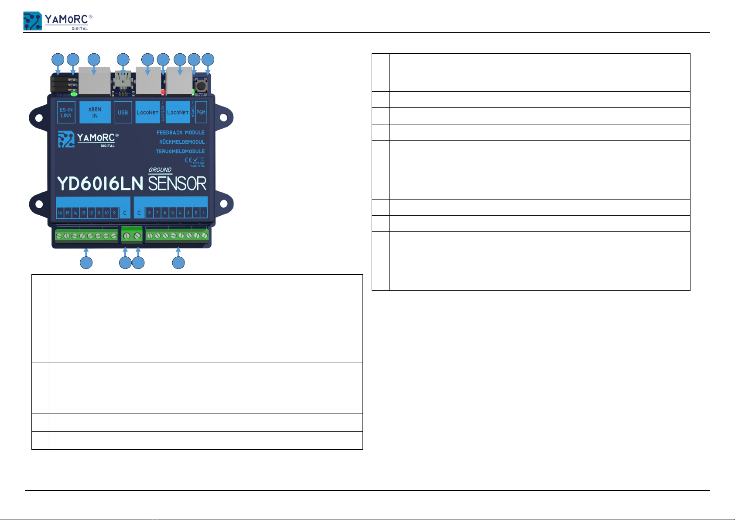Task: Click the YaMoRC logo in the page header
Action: tap(57, 21)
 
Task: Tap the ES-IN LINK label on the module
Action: tap(66, 113)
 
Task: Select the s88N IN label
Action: tap(95, 113)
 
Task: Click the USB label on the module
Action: tap(123, 113)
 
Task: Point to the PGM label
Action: tap(201, 113)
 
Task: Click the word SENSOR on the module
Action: tap(177, 184)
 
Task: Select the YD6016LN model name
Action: tap(100, 184)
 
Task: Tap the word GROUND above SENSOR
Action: tap(160, 170)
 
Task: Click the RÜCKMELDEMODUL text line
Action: tap(181, 142)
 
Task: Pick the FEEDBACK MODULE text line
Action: tap(181, 132)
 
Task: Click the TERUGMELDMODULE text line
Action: tap(180, 152)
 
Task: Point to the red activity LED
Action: tap(163, 92)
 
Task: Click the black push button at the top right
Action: tap(202, 84)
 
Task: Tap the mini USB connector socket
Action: tap(123, 80)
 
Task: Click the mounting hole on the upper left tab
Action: tap(39, 118)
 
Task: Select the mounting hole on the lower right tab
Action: tap(223, 204)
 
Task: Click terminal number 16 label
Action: tap(60, 213)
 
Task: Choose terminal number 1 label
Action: tap(203, 213)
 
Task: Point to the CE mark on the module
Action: tap(188, 160)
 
